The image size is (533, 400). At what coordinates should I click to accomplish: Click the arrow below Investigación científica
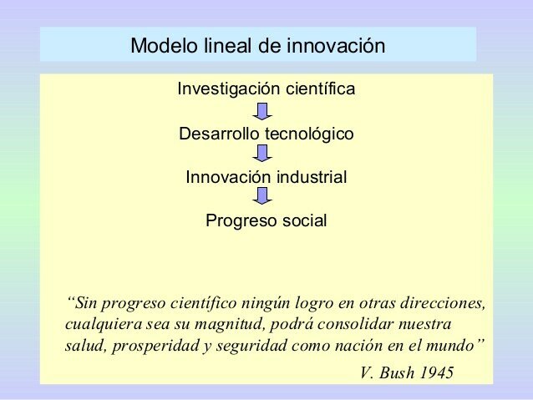tap(263, 111)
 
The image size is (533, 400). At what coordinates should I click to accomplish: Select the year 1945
tap(440, 372)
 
